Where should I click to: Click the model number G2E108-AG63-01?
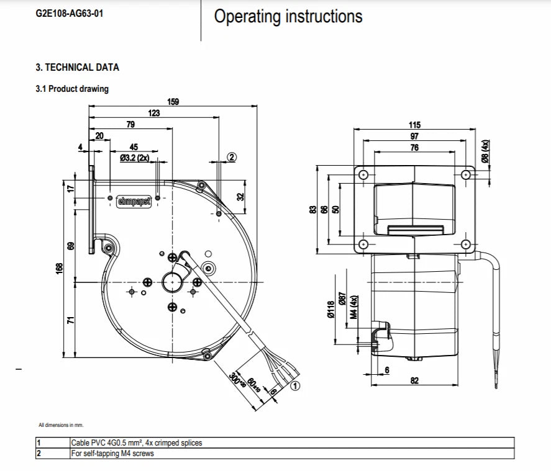[69, 14]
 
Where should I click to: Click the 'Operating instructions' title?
[288, 17]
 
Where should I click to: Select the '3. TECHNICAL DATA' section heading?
[77, 68]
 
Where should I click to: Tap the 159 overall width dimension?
[173, 101]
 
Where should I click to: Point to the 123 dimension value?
[154, 113]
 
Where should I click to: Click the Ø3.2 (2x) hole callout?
[135, 158]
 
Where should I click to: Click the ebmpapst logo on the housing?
[134, 202]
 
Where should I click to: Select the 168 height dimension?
[60, 269]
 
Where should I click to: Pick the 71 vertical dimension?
[71, 320]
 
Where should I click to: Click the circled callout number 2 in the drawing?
[232, 157]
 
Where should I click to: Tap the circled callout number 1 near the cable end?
[296, 386]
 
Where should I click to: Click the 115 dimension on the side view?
[415, 125]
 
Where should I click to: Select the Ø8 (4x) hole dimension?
[485, 151]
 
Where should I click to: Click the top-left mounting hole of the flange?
[363, 174]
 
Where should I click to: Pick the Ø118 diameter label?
[330, 310]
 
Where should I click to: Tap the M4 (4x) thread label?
[354, 307]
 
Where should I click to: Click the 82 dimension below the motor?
[415, 380]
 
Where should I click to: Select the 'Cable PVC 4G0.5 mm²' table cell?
[137, 442]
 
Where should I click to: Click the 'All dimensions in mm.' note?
[61, 425]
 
